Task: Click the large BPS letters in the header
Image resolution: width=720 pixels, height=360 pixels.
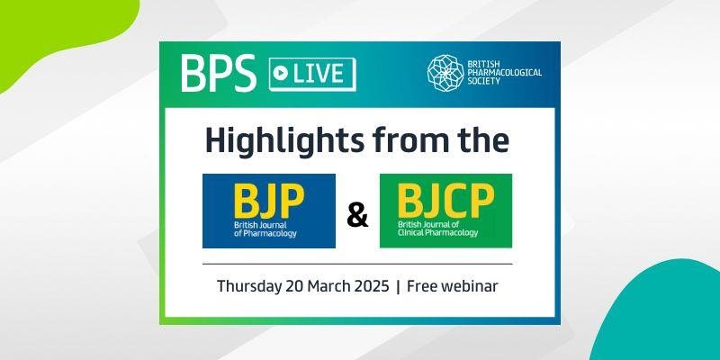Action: (218, 74)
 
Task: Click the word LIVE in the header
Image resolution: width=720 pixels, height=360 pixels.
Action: (319, 74)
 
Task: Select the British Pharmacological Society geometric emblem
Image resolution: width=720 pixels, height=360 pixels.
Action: (445, 71)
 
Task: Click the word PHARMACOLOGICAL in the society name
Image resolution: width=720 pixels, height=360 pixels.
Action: (505, 73)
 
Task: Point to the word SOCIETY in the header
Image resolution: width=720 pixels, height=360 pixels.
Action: (483, 81)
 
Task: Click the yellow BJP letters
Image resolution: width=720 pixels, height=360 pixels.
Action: (268, 200)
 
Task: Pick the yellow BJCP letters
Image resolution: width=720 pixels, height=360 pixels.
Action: (445, 200)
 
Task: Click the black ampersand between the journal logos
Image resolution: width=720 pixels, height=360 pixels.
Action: (357, 215)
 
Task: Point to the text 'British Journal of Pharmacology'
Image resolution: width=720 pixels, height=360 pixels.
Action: (265, 229)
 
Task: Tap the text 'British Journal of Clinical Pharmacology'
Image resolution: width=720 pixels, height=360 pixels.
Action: (437, 229)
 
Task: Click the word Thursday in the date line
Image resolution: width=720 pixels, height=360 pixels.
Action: (249, 286)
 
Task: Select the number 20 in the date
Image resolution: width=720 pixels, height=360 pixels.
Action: (293, 286)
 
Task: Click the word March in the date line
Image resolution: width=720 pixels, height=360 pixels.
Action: (326, 286)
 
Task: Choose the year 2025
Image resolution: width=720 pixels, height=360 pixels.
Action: (369, 286)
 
